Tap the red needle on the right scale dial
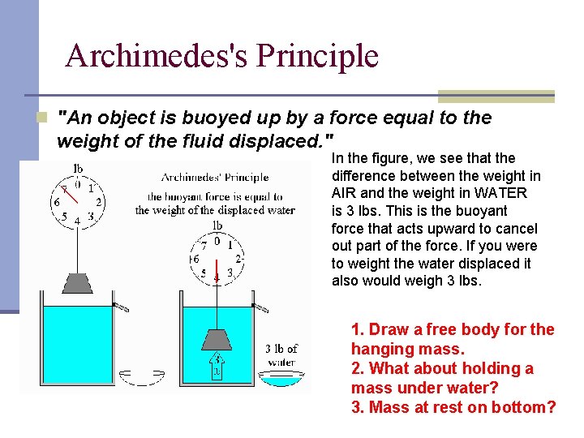pos(217,268)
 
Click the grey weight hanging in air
pos(77,284)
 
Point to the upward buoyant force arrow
pos(217,366)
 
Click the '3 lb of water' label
pos(281,355)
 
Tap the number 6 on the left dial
pos(56,202)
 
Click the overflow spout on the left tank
pos(121,307)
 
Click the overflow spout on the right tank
pos(260,307)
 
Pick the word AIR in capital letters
pos(344,193)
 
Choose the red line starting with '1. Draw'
pos(453,329)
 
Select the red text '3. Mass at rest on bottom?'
pos(453,407)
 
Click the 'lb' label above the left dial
pos(78,169)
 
